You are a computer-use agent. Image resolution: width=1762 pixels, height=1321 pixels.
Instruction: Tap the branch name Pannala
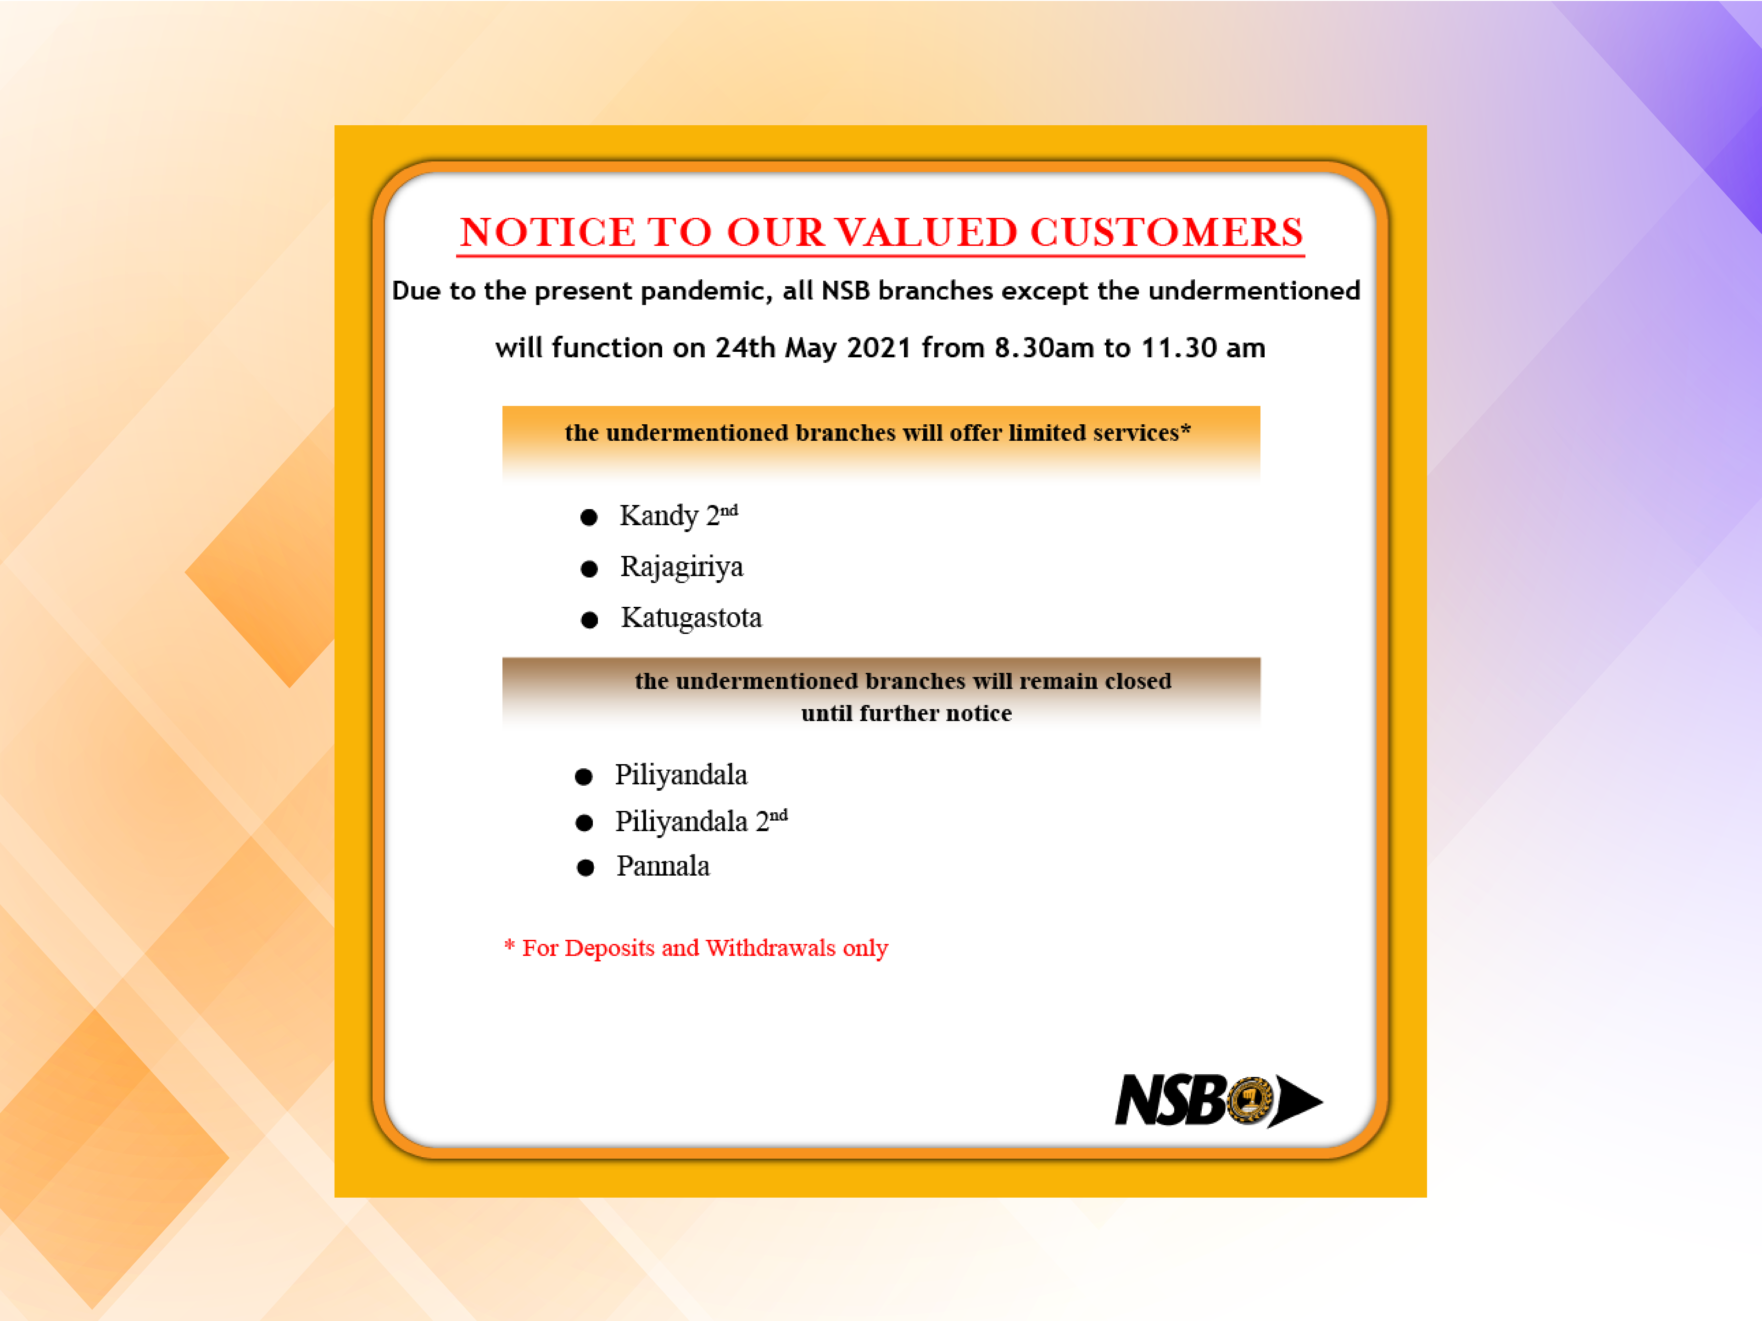click(x=663, y=866)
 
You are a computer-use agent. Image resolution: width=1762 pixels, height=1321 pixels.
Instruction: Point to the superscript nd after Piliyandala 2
click(x=778, y=815)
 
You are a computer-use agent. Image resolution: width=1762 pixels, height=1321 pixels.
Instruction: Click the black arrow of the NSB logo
click(x=1296, y=1101)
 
